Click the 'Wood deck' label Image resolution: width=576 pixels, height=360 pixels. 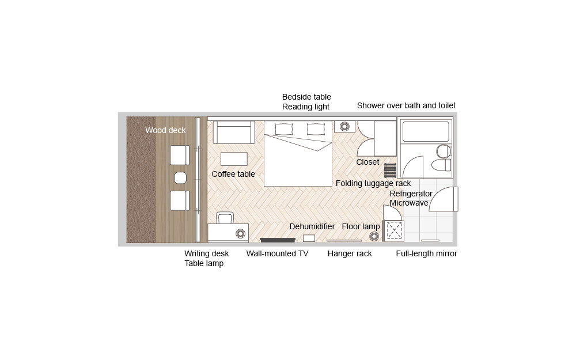pyautogui.click(x=165, y=130)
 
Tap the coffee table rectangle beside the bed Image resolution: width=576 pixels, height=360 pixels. pyautogui.click(x=234, y=159)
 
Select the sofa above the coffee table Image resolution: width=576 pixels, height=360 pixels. pyautogui.click(x=234, y=132)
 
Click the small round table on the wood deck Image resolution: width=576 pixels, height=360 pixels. pyautogui.click(x=180, y=178)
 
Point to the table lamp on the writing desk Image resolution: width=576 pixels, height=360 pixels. pyautogui.click(x=240, y=234)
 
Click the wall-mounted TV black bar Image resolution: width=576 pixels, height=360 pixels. pyautogui.click(x=278, y=240)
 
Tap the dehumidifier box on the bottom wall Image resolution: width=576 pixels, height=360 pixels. pyautogui.click(x=309, y=238)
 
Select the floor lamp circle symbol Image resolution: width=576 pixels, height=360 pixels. pyautogui.click(x=374, y=236)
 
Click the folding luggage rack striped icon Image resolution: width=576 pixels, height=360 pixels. pyautogui.click(x=390, y=170)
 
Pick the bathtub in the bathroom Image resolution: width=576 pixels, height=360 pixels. pyautogui.click(x=426, y=131)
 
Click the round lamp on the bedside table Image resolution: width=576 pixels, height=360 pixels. pyautogui.click(x=344, y=126)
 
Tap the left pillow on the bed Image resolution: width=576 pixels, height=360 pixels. pyautogui.click(x=284, y=129)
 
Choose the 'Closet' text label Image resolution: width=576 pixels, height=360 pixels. pyautogui.click(x=367, y=162)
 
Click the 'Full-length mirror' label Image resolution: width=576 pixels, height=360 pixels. pyautogui.click(x=426, y=253)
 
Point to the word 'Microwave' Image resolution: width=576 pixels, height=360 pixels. pyautogui.click(x=409, y=203)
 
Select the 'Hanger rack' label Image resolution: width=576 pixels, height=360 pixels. pyautogui.click(x=350, y=253)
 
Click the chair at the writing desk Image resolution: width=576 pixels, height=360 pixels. pyautogui.click(x=225, y=218)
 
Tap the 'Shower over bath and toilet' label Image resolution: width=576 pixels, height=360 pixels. pyautogui.click(x=406, y=105)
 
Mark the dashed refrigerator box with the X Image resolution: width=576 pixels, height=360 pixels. pyautogui.click(x=394, y=231)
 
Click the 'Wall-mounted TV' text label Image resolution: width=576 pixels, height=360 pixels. pyautogui.click(x=278, y=253)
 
